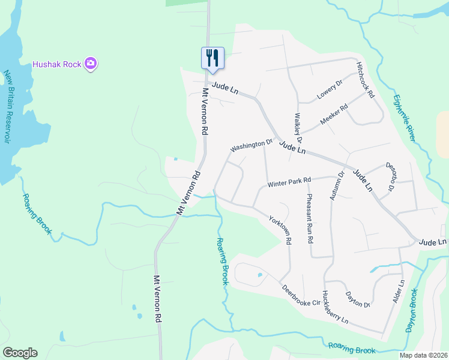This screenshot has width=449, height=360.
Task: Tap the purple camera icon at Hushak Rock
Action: (x=91, y=63)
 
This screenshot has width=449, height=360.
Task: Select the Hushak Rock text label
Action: (x=58, y=63)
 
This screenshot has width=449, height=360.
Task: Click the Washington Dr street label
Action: (x=252, y=145)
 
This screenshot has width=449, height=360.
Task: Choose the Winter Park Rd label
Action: (x=289, y=181)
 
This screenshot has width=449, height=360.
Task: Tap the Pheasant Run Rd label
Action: (x=310, y=218)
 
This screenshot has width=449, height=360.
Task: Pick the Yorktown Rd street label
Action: (x=280, y=230)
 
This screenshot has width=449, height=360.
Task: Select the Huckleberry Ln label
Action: (x=334, y=308)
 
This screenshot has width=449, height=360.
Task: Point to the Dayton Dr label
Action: (x=358, y=299)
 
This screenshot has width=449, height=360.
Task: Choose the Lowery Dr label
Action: (x=329, y=91)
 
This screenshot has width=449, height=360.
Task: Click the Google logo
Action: (x=20, y=353)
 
